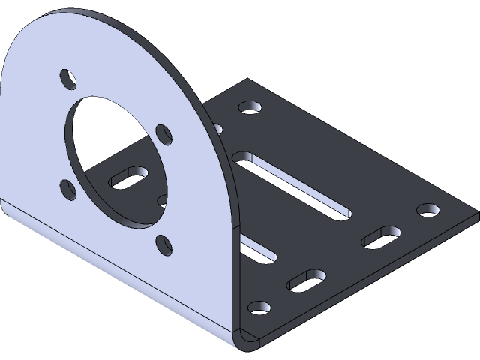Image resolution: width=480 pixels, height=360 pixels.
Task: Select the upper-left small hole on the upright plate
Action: tap(68, 78)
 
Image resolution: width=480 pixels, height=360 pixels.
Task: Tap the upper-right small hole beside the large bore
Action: tap(164, 135)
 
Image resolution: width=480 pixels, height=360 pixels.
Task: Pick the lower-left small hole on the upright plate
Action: tap(67, 190)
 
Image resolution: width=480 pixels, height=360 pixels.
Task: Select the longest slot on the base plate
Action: tap(292, 184)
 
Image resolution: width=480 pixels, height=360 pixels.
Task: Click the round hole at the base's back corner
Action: tap(250, 106)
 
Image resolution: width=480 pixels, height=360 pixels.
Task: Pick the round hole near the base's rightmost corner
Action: tap(427, 209)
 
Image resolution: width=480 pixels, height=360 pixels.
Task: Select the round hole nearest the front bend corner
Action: tap(259, 308)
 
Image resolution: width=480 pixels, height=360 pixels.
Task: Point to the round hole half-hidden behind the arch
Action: tap(218, 128)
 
